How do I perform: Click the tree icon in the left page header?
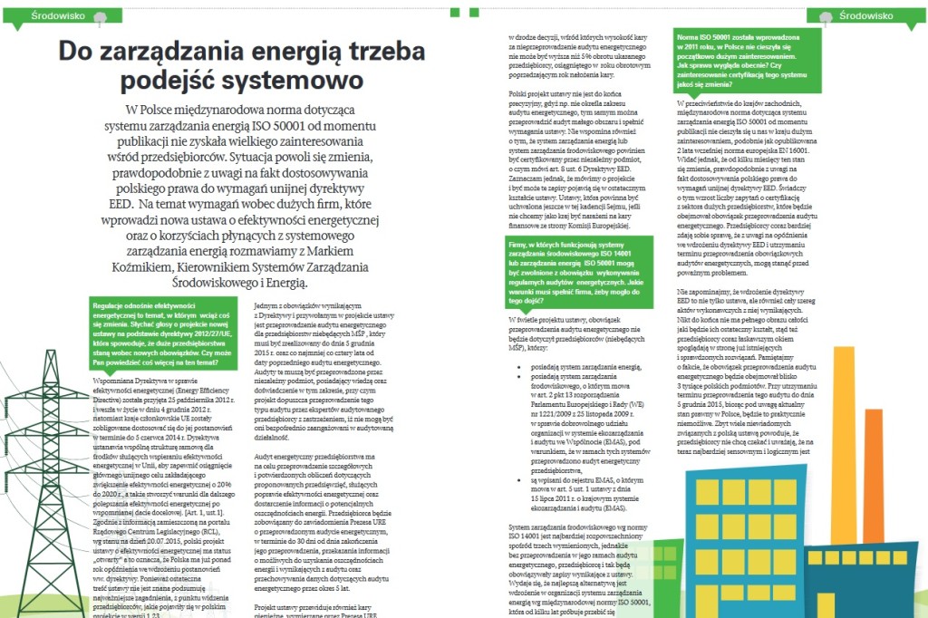click(x=99, y=15)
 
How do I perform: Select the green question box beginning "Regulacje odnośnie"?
click(x=163, y=335)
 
